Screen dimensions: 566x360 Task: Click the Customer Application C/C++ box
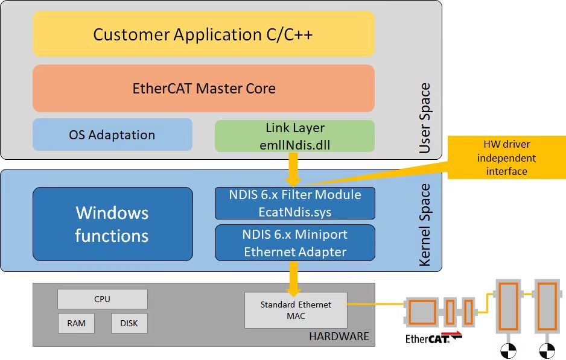(x=203, y=34)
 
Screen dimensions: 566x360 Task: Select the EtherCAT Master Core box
(x=203, y=89)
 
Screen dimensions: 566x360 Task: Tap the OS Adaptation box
(x=112, y=134)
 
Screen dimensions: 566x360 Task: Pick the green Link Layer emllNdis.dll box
(x=294, y=136)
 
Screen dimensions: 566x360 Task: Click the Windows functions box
(x=113, y=224)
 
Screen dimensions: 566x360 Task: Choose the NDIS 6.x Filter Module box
(x=295, y=203)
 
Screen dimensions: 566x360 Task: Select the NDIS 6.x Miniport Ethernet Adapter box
(x=295, y=243)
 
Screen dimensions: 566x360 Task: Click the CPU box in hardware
(x=103, y=299)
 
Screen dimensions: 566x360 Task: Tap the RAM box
(x=76, y=323)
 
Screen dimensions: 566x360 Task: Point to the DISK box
(x=129, y=323)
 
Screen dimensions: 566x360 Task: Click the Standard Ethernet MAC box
(x=296, y=310)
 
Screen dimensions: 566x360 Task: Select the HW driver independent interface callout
(x=506, y=157)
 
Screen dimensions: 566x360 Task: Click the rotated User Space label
(x=425, y=118)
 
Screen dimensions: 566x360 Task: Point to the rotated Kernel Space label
(x=425, y=225)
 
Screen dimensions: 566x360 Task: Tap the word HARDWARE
(x=339, y=336)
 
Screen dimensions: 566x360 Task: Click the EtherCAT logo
(x=433, y=337)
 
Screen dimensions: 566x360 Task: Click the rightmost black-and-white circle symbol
(x=547, y=350)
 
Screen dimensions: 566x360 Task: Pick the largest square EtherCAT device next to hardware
(x=422, y=312)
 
